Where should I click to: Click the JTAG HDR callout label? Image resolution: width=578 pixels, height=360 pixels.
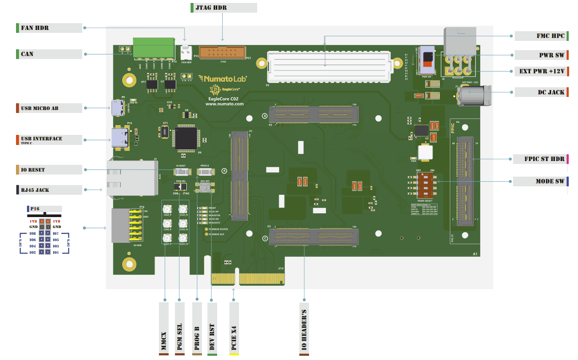click(223, 8)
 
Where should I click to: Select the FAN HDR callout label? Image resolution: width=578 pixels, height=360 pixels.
click(48, 28)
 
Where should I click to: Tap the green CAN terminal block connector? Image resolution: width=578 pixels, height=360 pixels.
click(154, 48)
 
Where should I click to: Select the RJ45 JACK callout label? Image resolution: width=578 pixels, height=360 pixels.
click(48, 190)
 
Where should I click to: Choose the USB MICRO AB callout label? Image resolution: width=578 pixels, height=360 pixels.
click(48, 108)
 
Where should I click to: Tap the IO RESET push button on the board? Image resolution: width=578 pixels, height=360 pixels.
click(181, 172)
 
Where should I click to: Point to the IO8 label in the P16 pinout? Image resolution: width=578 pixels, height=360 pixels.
click(32, 233)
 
